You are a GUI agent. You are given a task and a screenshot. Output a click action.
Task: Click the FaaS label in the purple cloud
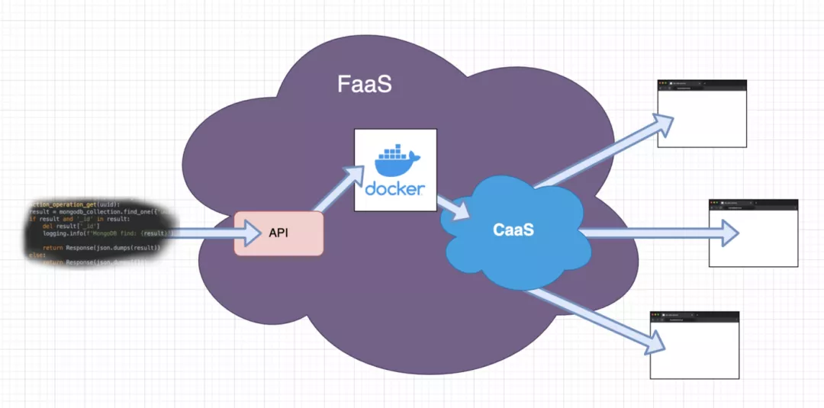click(365, 83)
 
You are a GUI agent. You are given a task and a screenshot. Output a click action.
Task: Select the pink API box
click(279, 233)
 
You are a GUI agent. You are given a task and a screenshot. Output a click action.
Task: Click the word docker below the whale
click(395, 188)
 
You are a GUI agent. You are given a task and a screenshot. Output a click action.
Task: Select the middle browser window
click(753, 236)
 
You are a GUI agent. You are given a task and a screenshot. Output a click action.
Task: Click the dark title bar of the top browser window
click(702, 82)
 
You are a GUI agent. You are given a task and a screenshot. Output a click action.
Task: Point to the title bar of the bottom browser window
click(694, 314)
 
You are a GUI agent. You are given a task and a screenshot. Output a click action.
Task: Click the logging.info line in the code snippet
click(107, 233)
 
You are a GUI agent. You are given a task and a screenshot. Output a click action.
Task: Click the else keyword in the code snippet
click(36, 255)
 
